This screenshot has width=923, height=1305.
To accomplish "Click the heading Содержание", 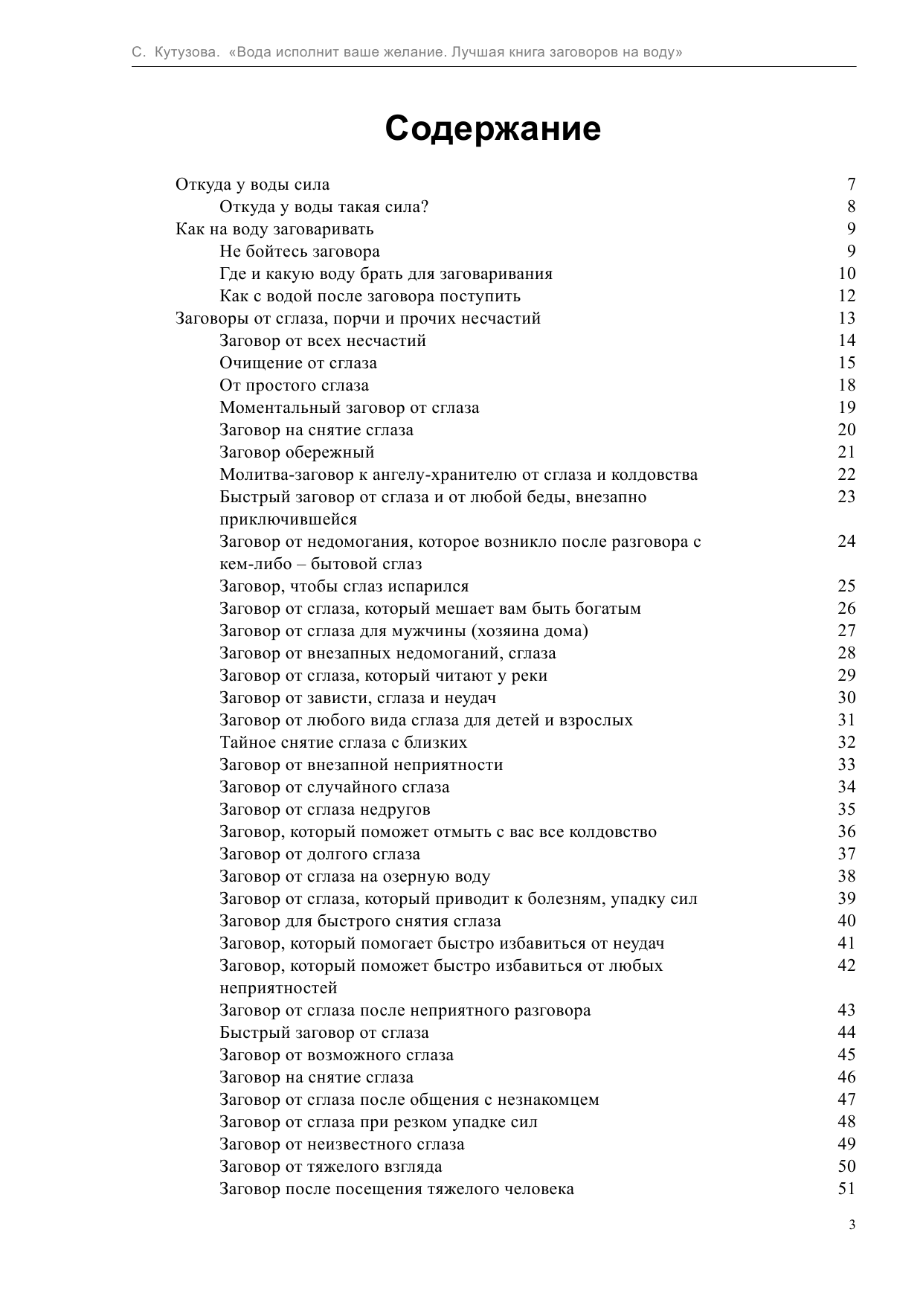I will coord(492,129).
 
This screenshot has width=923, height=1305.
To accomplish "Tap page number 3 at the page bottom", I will coord(852,1225).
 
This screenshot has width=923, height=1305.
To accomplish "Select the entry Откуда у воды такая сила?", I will coord(324,207).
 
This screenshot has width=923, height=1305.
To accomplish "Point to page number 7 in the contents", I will coord(851,185).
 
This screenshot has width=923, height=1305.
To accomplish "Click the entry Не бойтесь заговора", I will coord(299,251).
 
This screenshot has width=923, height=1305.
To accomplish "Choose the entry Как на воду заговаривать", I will coord(274,229).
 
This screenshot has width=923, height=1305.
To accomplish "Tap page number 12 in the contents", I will coord(846,296).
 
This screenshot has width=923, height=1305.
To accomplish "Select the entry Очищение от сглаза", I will coord(298,363).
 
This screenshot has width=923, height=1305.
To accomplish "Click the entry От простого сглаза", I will coord(294,385).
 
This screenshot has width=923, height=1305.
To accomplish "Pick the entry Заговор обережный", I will coord(297,452).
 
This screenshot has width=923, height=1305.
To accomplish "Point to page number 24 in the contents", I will coord(846,542).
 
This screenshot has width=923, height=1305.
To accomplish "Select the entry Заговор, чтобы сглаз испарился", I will coord(344,586).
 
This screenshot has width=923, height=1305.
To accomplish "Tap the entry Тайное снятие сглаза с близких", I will coord(343,743).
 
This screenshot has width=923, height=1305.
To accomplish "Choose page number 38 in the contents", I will coord(846,876).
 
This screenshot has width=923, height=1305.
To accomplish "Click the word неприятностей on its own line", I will coord(278,988).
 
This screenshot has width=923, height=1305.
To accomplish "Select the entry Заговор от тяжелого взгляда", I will coord(330,1167).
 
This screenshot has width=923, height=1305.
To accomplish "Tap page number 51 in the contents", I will coord(846,1189).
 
